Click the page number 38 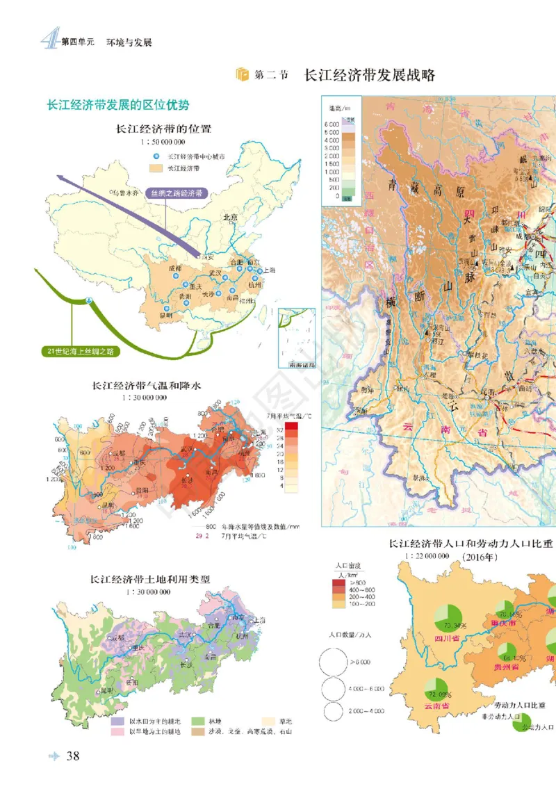[72, 756]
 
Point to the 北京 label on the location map [230, 218]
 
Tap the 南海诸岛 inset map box [296, 338]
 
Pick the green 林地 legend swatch [197, 721]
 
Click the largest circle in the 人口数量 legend [334, 661]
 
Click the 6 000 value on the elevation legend [330, 124]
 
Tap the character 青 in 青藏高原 [395, 186]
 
